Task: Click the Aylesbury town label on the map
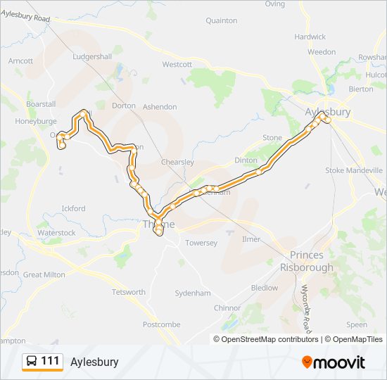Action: pyautogui.click(x=328, y=112)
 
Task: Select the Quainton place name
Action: pyautogui.click(x=221, y=21)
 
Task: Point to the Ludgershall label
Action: pyautogui.click(x=91, y=56)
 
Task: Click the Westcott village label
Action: pyautogui.click(x=177, y=64)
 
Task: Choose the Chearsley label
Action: pyautogui.click(x=177, y=162)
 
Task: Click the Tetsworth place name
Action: pyautogui.click(x=129, y=292)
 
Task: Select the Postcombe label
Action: pyautogui.click(x=162, y=325)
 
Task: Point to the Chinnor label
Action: pyautogui.click(x=227, y=308)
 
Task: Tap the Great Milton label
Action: pyautogui.click(x=44, y=274)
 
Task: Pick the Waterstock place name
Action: pyautogui.click(x=56, y=232)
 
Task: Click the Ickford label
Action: pyautogui.click(x=73, y=208)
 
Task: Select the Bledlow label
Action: pyautogui.click(x=265, y=288)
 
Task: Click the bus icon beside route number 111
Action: pyautogui.click(x=32, y=362)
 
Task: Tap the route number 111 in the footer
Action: pyautogui.click(x=50, y=362)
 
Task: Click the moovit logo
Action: pyautogui.click(x=334, y=362)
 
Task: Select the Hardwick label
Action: pyautogui.click(x=310, y=37)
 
